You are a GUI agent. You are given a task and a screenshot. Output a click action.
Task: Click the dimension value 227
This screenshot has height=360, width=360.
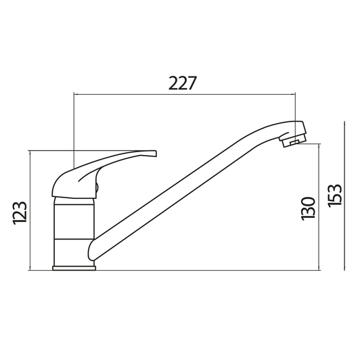pyautogui.click(x=183, y=83)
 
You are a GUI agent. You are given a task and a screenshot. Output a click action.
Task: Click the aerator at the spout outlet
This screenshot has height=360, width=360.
pyautogui.click(x=292, y=141)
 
